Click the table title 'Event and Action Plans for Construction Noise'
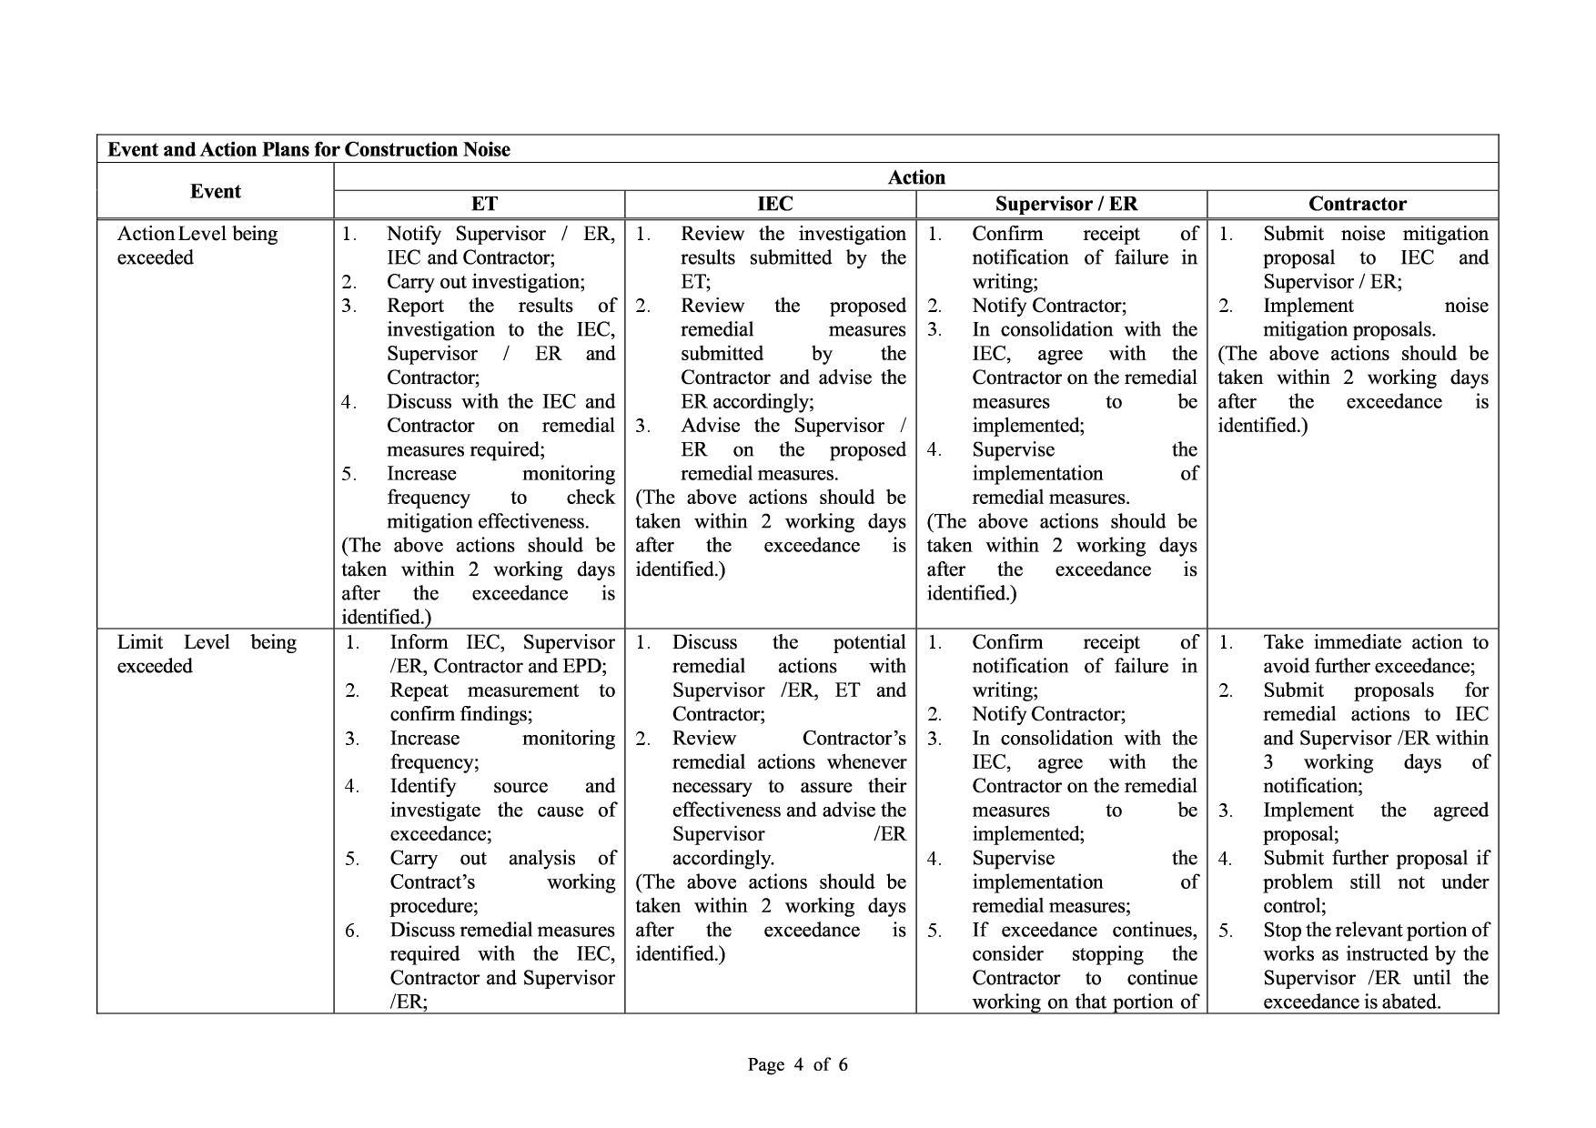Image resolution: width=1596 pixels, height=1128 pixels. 308,150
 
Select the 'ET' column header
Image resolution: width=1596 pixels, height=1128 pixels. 484,204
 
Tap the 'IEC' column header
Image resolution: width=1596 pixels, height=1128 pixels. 774,204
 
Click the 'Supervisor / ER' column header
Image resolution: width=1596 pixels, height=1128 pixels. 1066,204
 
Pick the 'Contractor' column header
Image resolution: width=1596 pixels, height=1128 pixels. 1357,204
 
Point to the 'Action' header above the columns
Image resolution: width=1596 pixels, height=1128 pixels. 916,177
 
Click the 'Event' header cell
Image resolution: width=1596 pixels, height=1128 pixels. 216,191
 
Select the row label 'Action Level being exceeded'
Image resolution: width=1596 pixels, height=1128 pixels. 197,246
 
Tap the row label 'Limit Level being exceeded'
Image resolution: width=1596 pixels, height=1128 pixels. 207,654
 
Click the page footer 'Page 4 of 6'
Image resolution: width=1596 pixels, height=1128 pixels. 797,1064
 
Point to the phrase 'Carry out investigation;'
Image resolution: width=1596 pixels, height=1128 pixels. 485,282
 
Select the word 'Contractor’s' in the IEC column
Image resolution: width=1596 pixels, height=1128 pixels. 854,738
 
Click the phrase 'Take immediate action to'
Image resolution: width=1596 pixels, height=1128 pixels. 1375,642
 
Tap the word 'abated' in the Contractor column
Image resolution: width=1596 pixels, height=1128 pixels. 1412,1002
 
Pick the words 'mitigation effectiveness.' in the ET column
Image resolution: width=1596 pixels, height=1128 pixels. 488,521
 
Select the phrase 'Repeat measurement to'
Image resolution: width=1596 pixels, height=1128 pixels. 502,690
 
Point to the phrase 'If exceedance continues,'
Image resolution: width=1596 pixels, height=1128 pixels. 1084,930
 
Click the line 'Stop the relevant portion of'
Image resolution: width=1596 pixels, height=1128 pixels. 1375,930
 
